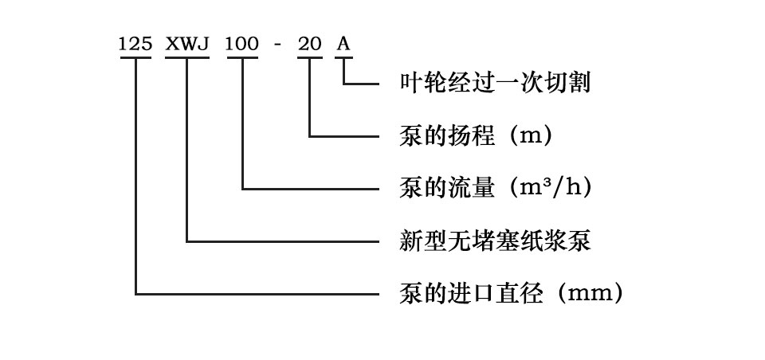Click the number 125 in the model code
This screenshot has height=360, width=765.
point(135,44)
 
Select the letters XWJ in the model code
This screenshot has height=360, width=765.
point(186,44)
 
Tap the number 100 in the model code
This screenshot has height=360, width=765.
point(241,44)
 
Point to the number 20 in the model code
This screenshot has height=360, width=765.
point(309,44)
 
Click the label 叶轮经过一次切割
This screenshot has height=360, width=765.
point(494,82)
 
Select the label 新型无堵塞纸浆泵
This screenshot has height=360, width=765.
point(494,241)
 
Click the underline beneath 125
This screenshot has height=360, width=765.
point(135,58)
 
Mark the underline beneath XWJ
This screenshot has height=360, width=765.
point(186,58)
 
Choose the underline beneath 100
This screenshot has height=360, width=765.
point(241,58)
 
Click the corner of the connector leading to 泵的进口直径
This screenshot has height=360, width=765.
point(136,294)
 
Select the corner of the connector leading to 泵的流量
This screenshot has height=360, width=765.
point(242,188)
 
